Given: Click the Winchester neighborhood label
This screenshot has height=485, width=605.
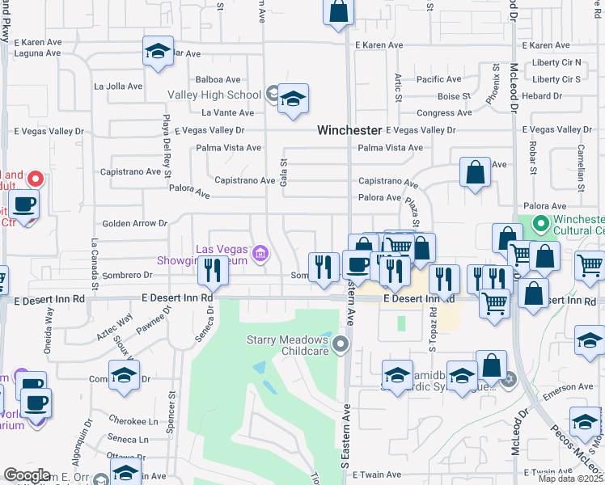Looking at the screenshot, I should tap(349, 129).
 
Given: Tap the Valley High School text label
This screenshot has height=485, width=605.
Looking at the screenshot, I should tap(214, 95).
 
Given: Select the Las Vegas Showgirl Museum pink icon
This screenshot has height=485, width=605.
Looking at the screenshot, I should tap(260, 255).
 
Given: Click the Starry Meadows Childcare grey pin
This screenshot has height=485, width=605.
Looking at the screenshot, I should tap(341, 345).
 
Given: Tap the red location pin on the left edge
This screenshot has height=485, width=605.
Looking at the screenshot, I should tap(36, 179).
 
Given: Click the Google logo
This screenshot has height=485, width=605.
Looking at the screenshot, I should tap(27, 475).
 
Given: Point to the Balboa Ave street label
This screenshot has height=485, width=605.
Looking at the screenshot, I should tap(218, 79).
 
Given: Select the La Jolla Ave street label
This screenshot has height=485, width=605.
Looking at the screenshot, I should tap(118, 86).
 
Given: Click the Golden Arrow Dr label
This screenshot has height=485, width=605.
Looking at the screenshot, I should tap(133, 223).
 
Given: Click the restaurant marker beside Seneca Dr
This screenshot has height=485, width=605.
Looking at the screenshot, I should tap(212, 271).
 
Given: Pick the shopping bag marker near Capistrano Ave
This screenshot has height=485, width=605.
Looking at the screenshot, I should tap(475, 173).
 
